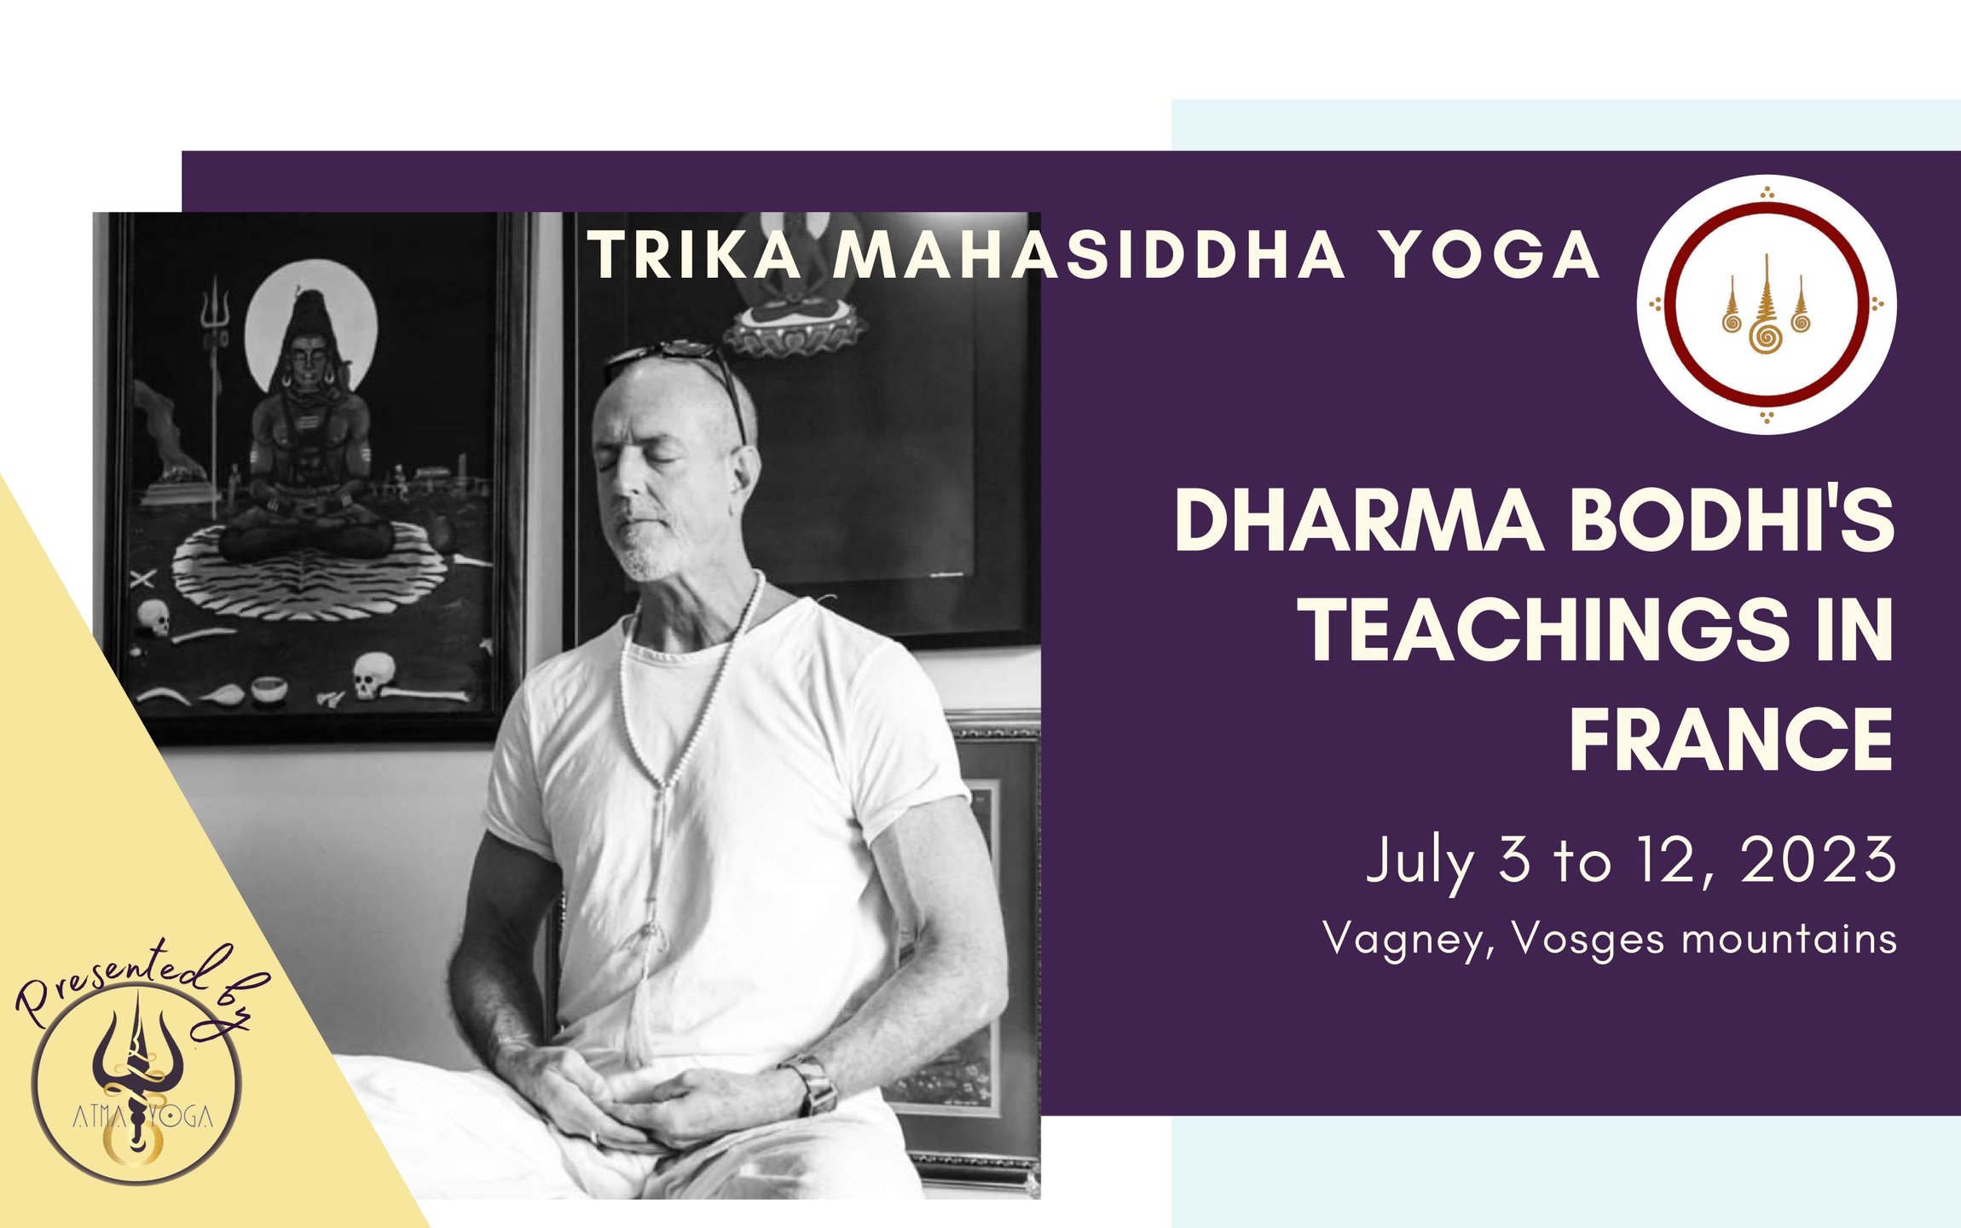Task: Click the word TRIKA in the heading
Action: click(694, 256)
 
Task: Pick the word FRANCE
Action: click(1731, 739)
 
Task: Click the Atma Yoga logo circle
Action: click(136, 1083)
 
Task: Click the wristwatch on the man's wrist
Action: click(817, 1085)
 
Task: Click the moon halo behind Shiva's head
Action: click(310, 328)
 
